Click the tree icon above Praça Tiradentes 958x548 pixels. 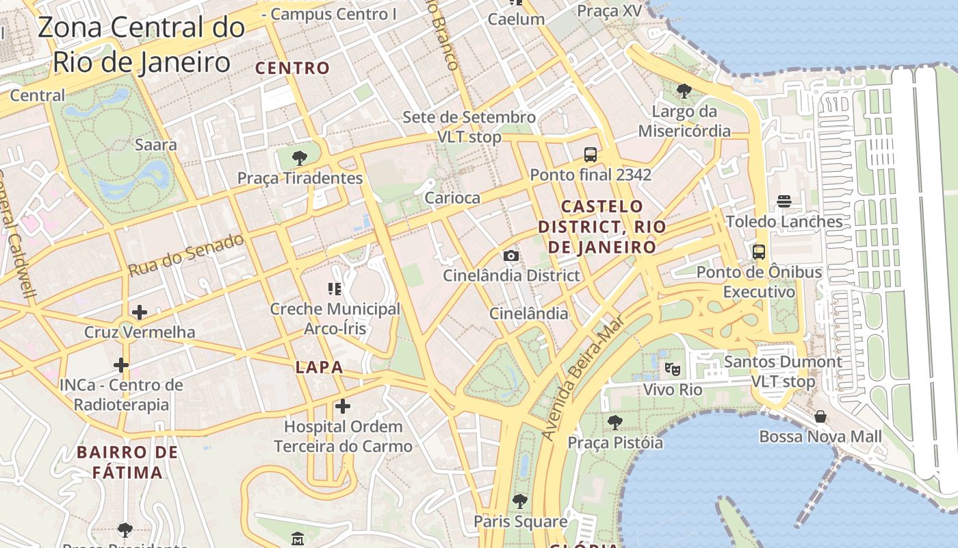(299, 158)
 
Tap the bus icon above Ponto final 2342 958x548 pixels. (591, 155)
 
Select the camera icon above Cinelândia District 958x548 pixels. (510, 256)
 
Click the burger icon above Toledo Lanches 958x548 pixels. (784, 201)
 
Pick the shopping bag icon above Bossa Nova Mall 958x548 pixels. (820, 416)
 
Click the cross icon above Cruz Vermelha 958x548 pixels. (140, 312)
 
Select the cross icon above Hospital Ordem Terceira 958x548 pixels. (343, 407)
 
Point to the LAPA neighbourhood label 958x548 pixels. (319, 367)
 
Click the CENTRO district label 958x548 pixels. (292, 68)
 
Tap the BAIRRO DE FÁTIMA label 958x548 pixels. (127, 462)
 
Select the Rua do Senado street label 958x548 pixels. (186, 256)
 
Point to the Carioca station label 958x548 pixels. (452, 198)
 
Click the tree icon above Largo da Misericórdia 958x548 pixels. (684, 90)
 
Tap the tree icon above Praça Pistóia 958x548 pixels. (615, 422)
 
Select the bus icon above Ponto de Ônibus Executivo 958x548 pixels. (759, 251)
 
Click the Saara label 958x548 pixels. (155, 145)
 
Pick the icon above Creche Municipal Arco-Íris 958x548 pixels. (335, 288)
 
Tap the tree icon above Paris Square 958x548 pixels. (520, 501)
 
